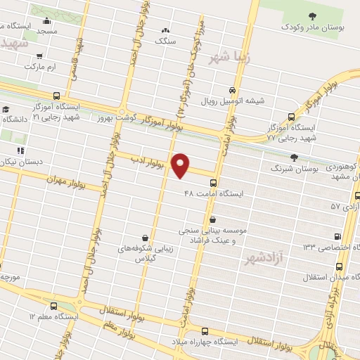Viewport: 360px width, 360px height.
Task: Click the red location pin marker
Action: point(181,165)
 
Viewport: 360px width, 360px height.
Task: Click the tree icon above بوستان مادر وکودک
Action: point(309,15)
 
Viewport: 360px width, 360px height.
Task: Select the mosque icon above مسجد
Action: point(47,20)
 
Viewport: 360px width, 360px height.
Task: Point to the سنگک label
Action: point(166,41)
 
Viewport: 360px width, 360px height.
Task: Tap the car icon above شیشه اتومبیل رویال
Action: point(232,89)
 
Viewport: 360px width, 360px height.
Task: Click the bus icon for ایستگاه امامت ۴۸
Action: point(212,181)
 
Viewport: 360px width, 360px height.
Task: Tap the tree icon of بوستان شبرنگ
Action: point(294,157)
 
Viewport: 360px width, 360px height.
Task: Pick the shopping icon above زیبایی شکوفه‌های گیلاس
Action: point(145,237)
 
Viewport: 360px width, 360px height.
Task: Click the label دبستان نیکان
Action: point(21,162)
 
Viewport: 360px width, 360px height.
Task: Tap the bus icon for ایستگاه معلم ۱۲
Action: point(55,306)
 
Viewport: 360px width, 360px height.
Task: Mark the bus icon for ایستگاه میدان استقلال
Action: point(340,266)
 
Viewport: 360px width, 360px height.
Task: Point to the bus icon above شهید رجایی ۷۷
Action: point(291,117)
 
